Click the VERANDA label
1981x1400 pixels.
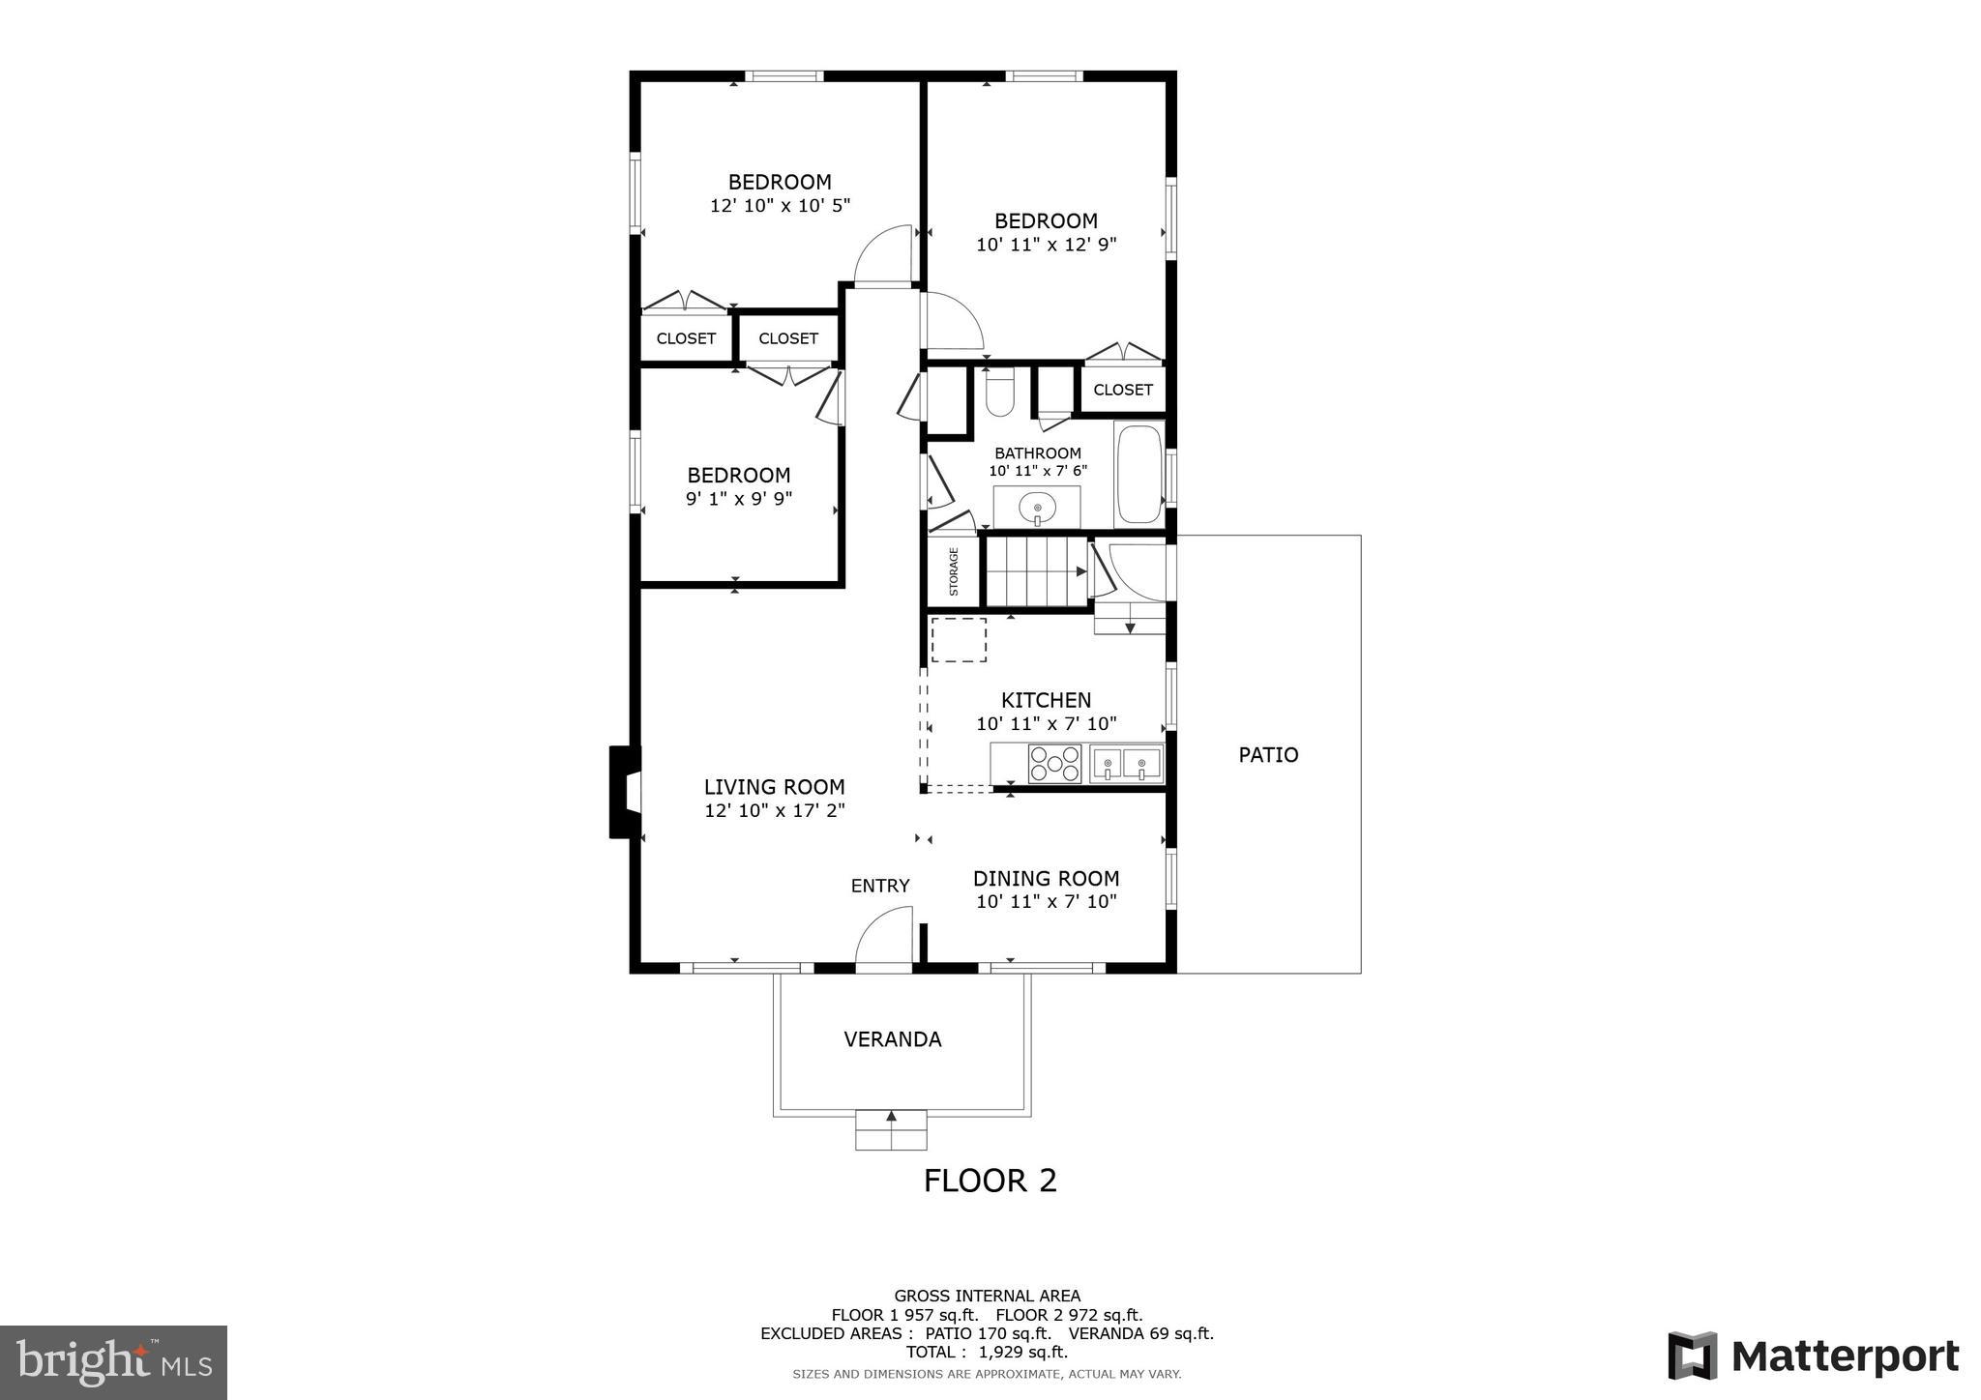pos(892,1039)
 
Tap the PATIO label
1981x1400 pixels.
pos(1268,755)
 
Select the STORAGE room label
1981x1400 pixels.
pos(954,571)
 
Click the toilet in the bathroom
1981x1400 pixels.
pos(999,394)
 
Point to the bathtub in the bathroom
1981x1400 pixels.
pos(1138,474)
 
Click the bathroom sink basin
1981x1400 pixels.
pos(1037,506)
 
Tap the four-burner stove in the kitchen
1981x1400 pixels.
pos(1054,763)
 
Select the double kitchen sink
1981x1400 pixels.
pos(1126,764)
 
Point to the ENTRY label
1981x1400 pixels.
pos(879,886)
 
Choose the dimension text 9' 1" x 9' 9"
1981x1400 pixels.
pos(739,499)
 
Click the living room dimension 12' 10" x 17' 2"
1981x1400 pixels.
pos(774,811)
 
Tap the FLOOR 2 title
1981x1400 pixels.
pos(990,1181)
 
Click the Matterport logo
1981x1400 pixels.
pos(1813,1356)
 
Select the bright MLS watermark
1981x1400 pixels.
pos(114,1362)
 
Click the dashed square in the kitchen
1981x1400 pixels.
pos(959,640)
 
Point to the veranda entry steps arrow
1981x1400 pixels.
pos(891,1118)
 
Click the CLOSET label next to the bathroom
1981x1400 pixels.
pos(1122,390)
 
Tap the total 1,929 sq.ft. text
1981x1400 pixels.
pos(987,1352)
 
